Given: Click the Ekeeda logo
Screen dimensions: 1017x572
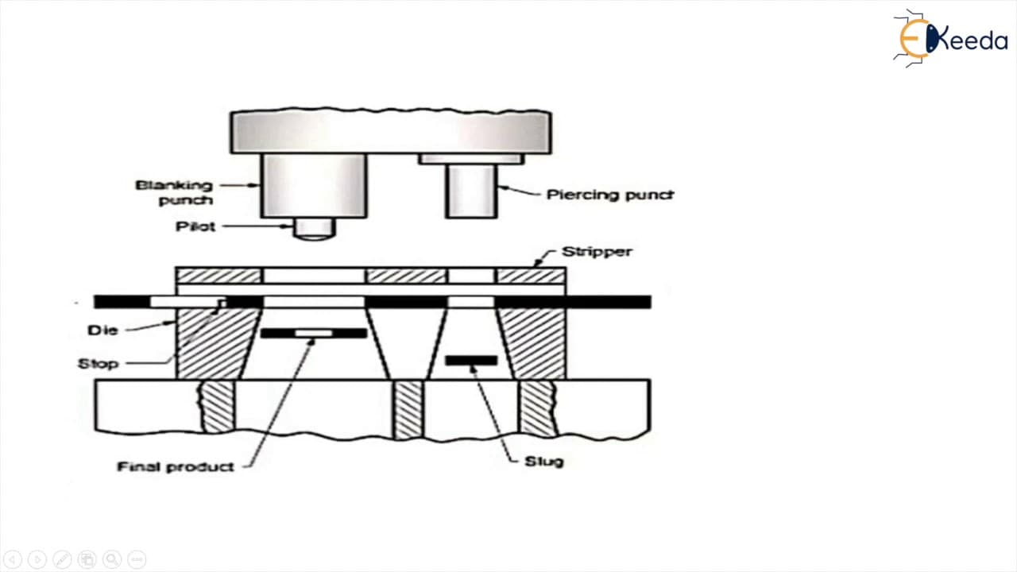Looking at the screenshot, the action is [950, 38].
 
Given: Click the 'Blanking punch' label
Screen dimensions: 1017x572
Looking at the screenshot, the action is [174, 192].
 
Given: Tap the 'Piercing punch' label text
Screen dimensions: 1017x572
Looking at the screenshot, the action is [609, 195].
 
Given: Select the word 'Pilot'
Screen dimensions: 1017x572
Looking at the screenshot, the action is [195, 226].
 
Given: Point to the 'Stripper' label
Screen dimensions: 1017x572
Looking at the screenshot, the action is [597, 252].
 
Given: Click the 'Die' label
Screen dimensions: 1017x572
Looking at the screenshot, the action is [102, 330].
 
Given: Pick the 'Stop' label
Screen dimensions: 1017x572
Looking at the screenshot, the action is [98, 364].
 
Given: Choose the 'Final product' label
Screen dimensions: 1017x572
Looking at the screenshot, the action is [176, 466].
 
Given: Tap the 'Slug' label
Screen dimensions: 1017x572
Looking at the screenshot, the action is [544, 462].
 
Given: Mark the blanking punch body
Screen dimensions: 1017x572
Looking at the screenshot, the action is [314, 186].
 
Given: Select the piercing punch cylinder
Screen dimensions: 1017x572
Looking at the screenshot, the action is [471, 191].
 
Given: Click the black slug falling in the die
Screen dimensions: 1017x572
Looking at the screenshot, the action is [471, 361].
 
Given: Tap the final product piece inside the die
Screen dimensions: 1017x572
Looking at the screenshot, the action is [314, 333].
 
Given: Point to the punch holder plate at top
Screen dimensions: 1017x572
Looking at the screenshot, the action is [391, 131].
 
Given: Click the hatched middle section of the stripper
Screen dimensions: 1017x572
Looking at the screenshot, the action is [407, 276].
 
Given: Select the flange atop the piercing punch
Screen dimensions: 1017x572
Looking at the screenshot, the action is [471, 159].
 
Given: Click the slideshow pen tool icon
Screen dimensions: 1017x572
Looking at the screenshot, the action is [62, 559].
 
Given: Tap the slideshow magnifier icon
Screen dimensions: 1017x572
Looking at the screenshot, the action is [112, 559].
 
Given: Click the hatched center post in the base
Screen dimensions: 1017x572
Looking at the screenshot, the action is [408, 410].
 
